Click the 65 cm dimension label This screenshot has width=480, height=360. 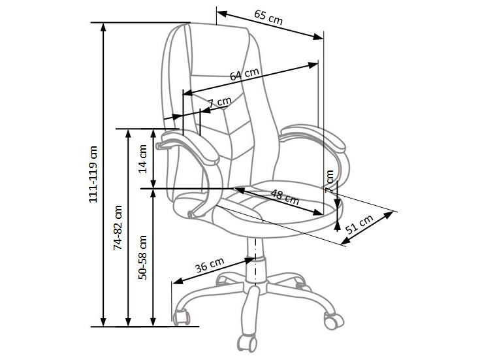pos(268,18)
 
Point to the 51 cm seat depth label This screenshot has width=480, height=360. pos(359,226)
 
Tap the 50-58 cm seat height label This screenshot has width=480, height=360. pos(144,257)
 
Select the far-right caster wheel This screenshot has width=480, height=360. pos(333,319)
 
